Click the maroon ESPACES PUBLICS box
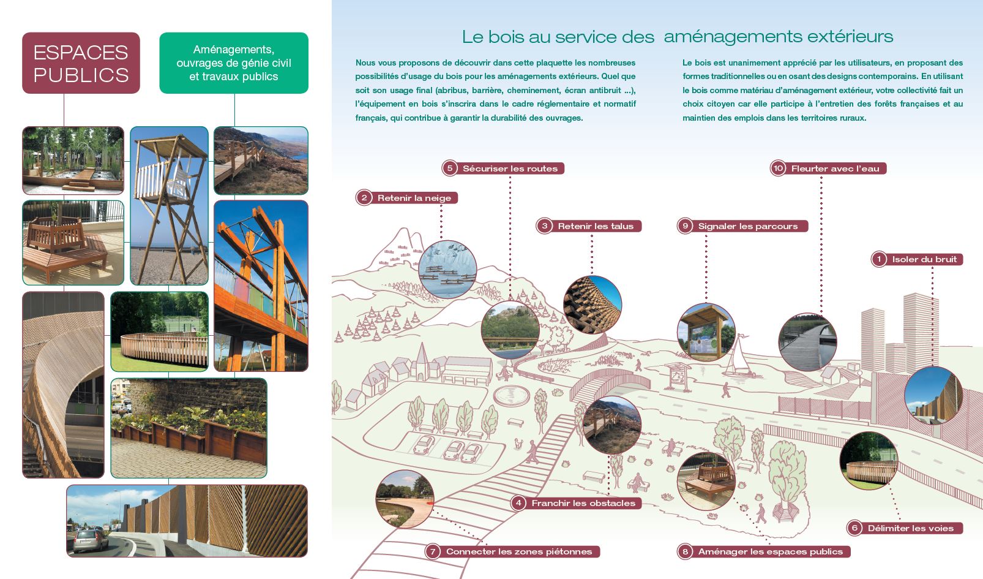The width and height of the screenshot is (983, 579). (x=81, y=63)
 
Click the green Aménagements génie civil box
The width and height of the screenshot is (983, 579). (x=234, y=63)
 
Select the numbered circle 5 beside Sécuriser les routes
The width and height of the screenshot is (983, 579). (x=450, y=168)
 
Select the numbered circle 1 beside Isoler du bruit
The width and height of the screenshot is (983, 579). (x=879, y=259)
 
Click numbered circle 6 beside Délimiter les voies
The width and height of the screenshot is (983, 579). (x=854, y=528)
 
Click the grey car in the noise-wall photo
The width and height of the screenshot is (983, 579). (x=91, y=540)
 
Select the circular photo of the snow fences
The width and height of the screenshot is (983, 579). (x=447, y=270)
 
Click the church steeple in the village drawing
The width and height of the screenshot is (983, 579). (x=422, y=360)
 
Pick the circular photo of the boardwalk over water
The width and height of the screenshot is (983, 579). (x=807, y=342)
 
